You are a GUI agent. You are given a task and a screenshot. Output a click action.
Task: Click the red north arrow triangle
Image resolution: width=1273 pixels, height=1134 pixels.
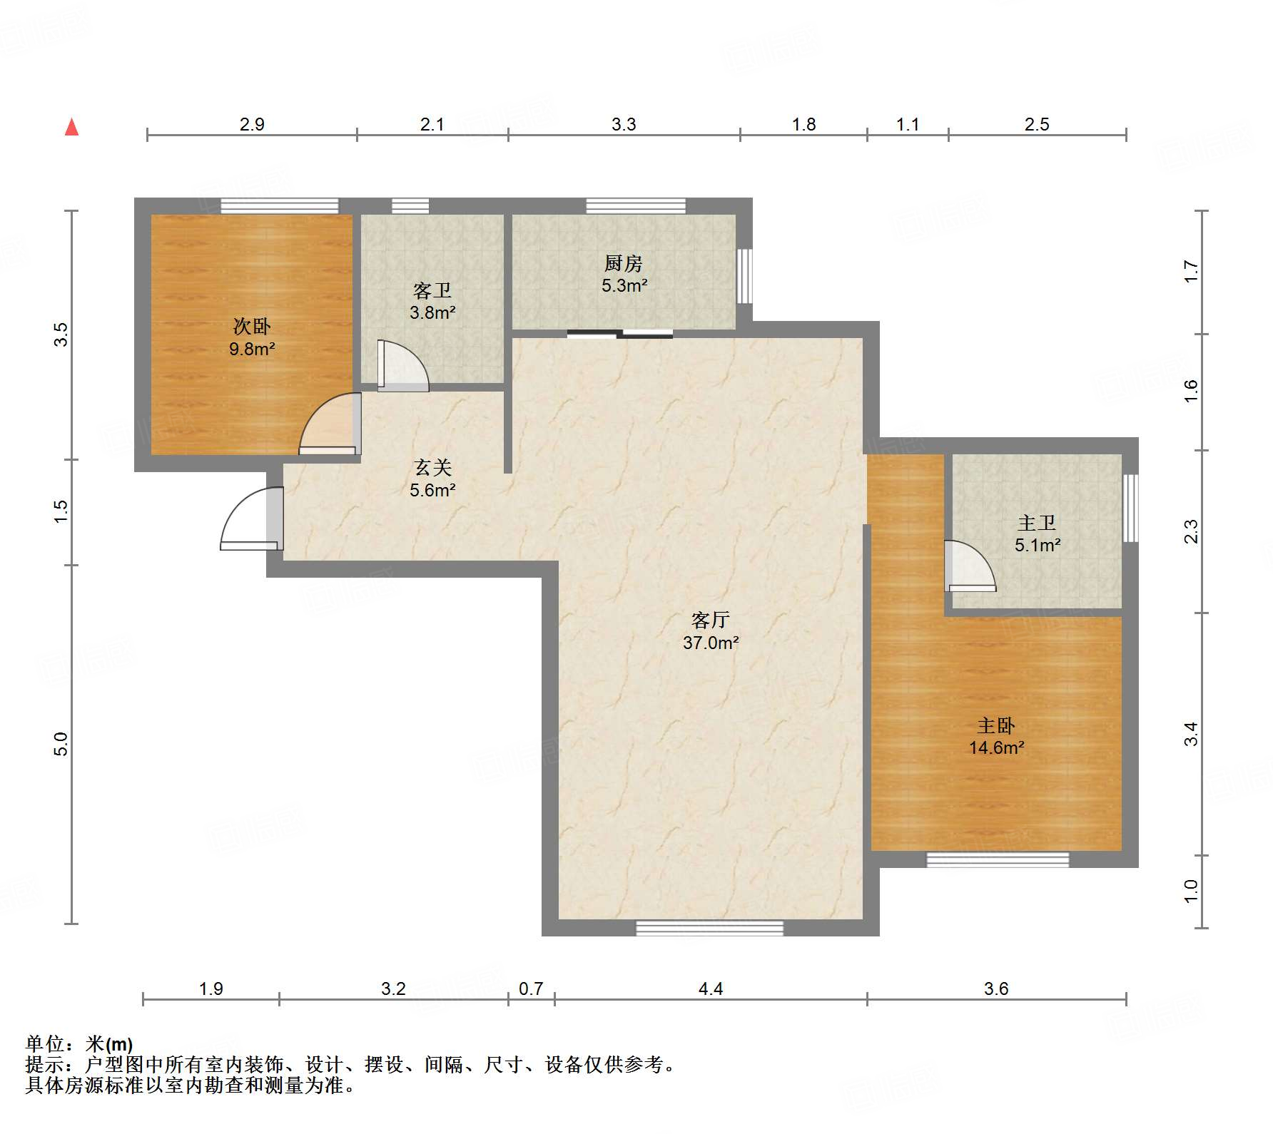click(71, 128)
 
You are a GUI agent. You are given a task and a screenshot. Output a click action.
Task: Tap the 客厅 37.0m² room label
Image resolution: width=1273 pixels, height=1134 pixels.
click(710, 631)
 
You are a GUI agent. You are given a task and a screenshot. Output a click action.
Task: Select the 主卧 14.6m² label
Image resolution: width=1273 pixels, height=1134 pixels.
click(996, 737)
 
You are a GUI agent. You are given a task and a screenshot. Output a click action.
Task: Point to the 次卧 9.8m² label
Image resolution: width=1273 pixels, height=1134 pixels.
click(252, 337)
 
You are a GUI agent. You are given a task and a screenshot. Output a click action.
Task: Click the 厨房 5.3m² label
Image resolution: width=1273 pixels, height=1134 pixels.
click(624, 275)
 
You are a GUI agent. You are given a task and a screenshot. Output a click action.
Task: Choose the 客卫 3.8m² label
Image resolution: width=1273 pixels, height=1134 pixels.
click(432, 301)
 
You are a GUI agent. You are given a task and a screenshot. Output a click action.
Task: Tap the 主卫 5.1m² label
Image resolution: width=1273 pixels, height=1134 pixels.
click(1037, 534)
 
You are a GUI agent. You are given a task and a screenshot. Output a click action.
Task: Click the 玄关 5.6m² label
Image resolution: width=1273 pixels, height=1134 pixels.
click(432, 479)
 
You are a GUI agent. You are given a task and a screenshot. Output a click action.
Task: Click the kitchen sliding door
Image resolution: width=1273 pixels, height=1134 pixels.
click(619, 333)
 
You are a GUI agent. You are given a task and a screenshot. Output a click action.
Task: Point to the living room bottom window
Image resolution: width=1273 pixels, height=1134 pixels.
click(709, 928)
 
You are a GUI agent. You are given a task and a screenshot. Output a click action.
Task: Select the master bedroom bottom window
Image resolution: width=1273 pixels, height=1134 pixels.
click(997, 859)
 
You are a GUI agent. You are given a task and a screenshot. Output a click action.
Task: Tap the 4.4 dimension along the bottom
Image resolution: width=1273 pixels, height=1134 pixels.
click(710, 989)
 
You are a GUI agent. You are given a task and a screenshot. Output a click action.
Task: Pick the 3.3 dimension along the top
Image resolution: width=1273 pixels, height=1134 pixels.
click(623, 124)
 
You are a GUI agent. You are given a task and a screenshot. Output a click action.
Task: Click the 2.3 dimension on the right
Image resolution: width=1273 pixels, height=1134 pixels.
click(1191, 531)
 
